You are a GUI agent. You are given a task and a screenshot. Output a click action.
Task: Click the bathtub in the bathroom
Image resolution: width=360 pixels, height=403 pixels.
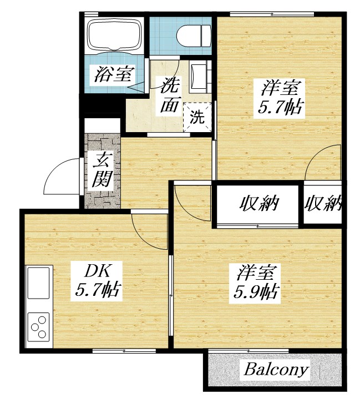tap(113, 34)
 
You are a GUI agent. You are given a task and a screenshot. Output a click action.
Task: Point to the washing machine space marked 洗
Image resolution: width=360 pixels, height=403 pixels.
tap(197, 117)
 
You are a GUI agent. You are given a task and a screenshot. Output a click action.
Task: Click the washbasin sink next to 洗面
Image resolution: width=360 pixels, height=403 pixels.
tap(197, 76)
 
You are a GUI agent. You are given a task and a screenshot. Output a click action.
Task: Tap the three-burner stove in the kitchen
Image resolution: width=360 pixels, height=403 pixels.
tap(38, 328)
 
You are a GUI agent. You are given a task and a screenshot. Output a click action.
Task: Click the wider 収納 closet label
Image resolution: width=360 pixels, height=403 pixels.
tap(258, 204)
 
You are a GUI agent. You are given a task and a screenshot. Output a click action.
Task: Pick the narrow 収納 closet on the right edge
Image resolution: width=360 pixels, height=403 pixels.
tap(322, 204)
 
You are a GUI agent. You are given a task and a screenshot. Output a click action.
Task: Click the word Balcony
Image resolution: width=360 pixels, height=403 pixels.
tap(276, 370)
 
